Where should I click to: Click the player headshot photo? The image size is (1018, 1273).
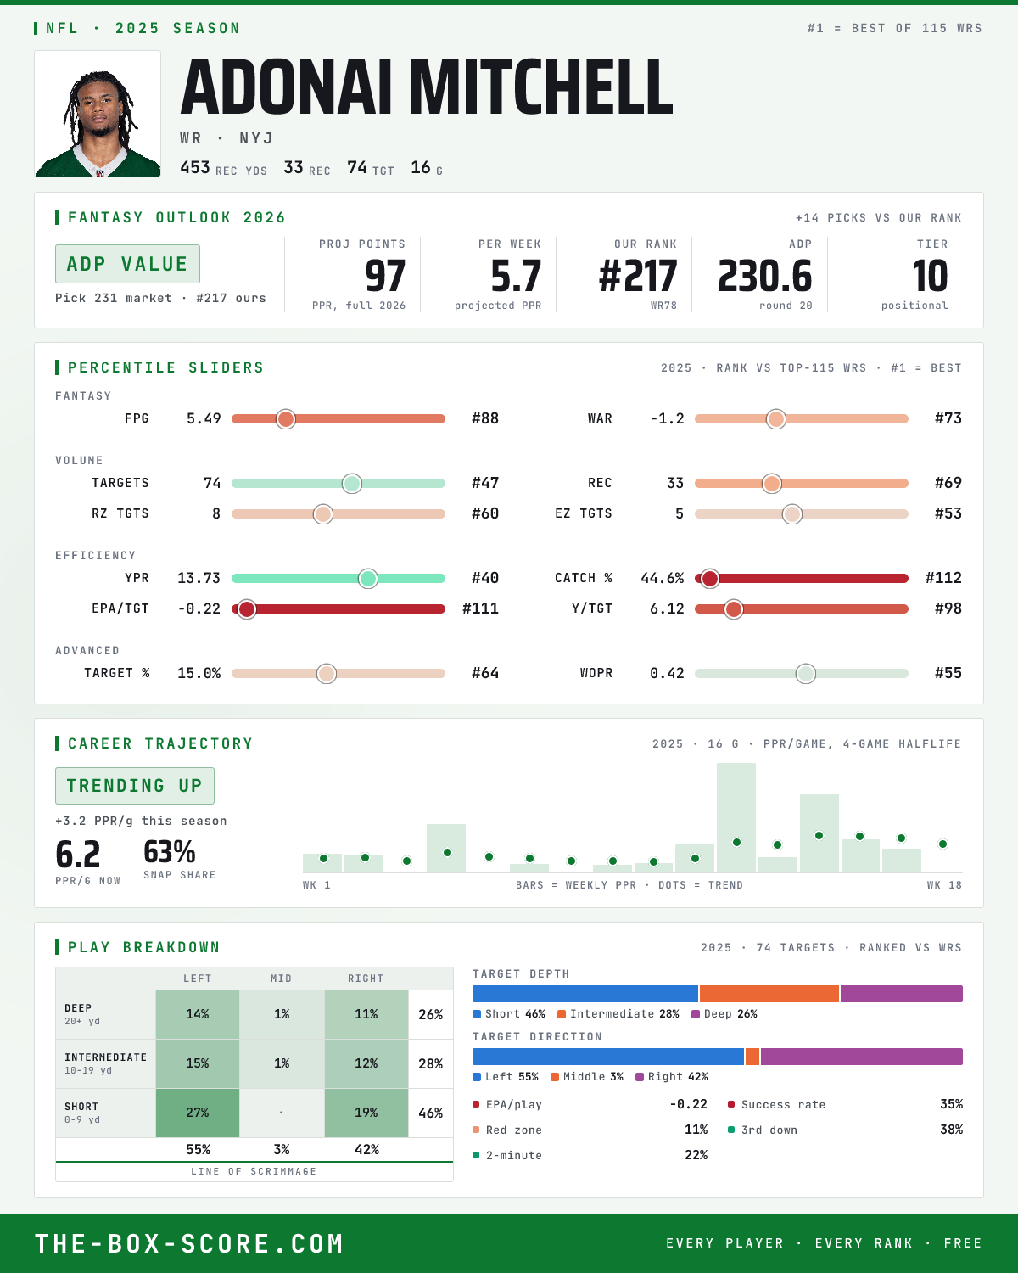point(98,114)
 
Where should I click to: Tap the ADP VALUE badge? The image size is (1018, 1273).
point(127,264)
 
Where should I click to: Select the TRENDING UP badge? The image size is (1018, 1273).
point(135,786)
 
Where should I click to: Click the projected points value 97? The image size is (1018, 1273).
point(385,277)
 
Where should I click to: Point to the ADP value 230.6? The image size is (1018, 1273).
point(765,277)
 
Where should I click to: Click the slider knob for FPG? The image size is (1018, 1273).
point(286,418)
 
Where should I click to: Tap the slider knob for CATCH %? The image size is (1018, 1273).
point(710,578)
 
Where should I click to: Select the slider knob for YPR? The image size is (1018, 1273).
point(368,578)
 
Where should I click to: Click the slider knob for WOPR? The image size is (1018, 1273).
point(806,673)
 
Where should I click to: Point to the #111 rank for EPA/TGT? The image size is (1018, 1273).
point(480,608)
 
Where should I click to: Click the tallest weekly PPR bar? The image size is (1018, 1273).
point(736,817)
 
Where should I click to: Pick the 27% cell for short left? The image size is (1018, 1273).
point(198,1113)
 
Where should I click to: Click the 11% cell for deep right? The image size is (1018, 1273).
point(366,1014)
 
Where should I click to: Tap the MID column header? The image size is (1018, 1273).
point(281,979)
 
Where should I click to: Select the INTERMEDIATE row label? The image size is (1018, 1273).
point(105,1057)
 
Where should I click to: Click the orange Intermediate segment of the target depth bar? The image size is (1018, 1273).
point(769,994)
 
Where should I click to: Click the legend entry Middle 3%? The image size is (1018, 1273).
point(587,1077)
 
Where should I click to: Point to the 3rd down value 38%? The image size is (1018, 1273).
point(951,1130)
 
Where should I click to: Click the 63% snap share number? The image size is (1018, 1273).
point(169,852)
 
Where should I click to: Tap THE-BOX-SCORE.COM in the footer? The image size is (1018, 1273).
point(189,1243)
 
